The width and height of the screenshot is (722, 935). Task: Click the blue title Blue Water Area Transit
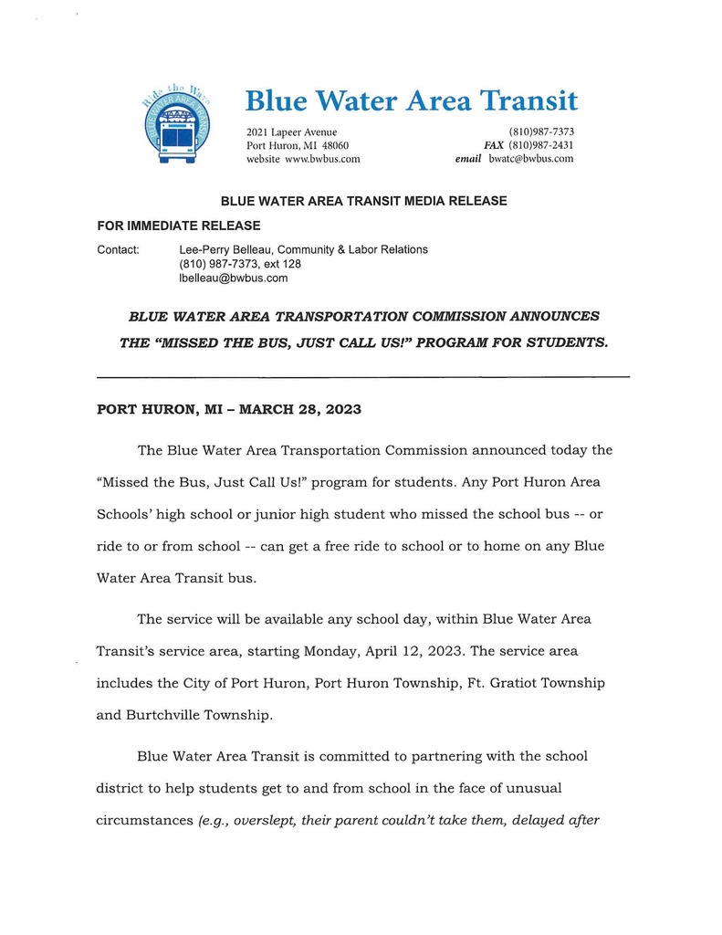tap(412, 100)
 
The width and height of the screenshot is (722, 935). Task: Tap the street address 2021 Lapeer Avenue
tap(291, 132)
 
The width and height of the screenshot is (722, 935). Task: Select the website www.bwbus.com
tap(323, 159)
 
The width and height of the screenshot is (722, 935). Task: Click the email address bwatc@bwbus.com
tap(531, 159)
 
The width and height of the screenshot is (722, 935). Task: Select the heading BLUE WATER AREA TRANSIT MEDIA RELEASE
tap(363, 201)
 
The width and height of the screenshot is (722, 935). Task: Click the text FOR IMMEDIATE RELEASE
tap(179, 226)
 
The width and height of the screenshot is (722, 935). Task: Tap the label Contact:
tap(118, 249)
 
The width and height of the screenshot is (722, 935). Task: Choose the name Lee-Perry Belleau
tap(225, 249)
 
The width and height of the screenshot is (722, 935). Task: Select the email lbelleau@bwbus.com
tap(234, 278)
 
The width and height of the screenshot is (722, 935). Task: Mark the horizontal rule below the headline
tap(362, 377)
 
